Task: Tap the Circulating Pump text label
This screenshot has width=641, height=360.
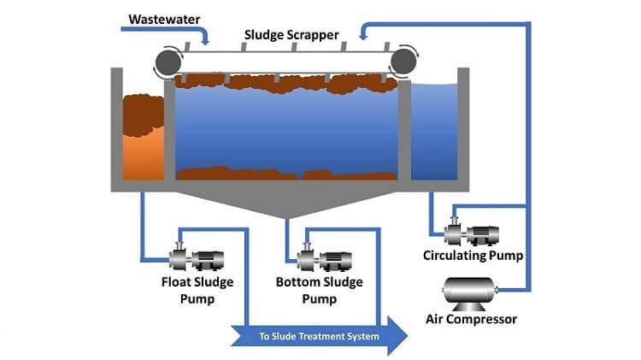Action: (x=473, y=255)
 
